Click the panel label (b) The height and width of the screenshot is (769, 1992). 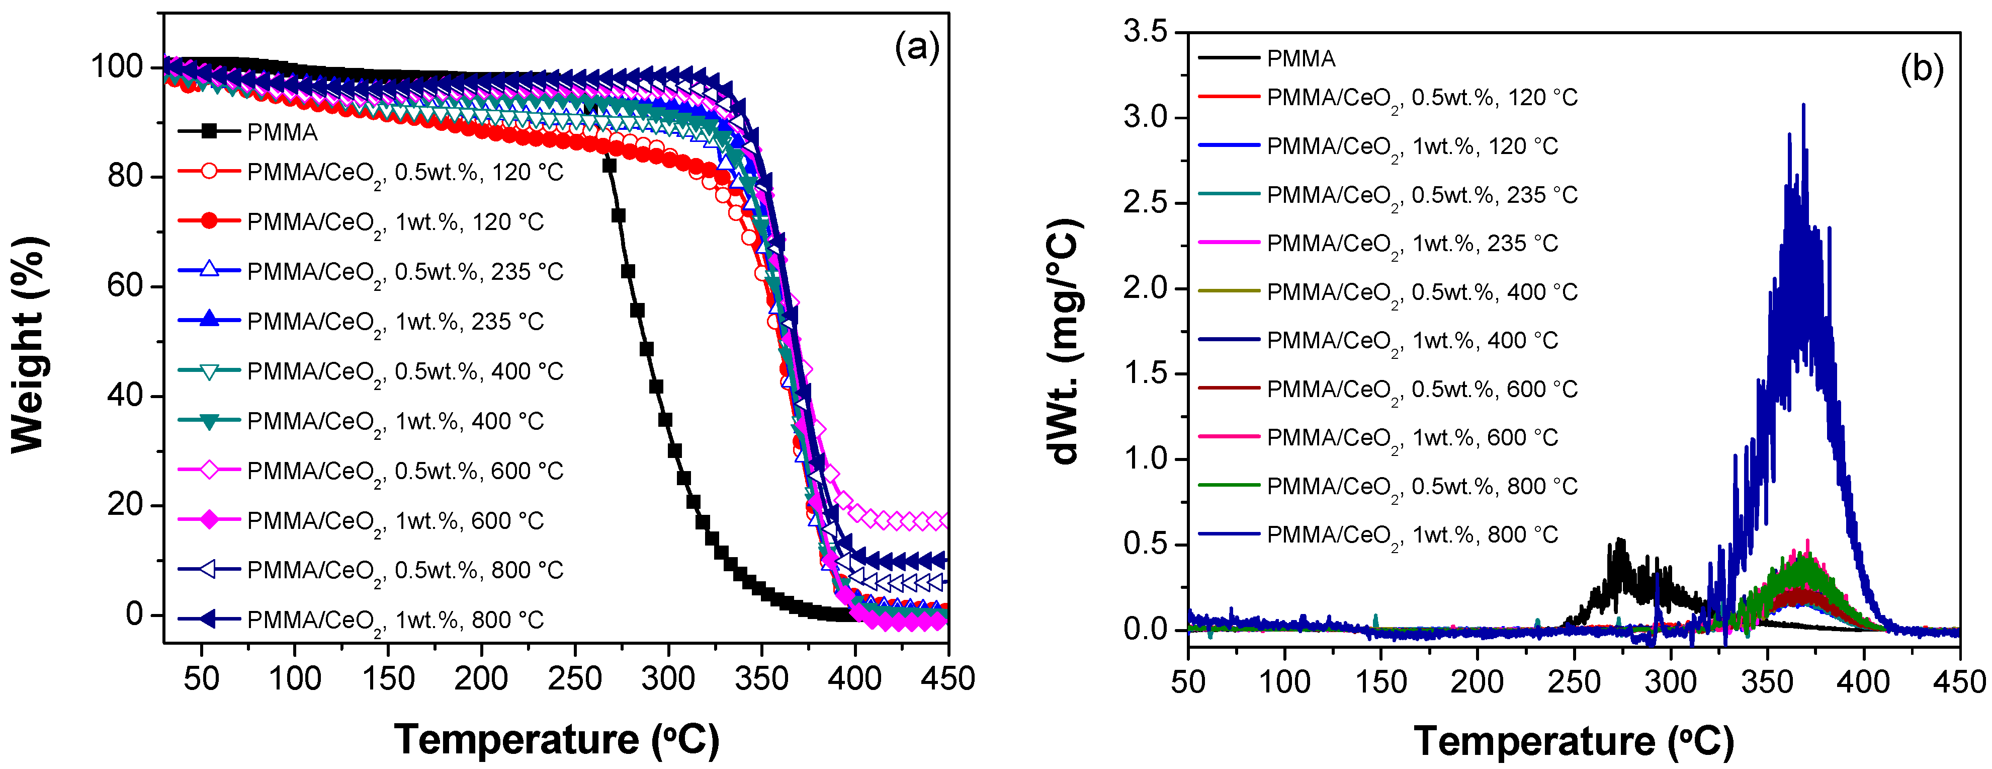[1922, 69]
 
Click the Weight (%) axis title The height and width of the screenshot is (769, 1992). [29, 344]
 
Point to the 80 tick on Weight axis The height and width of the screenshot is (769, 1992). [125, 176]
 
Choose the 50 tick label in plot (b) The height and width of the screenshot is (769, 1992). [1188, 682]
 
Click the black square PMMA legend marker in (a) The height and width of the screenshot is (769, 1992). [209, 131]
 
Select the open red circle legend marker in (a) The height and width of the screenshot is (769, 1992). [209, 171]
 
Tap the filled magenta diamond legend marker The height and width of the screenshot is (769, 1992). [209, 520]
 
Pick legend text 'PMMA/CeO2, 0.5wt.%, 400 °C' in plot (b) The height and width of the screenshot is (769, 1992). [1421, 292]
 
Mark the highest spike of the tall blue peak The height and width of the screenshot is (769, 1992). [1803, 105]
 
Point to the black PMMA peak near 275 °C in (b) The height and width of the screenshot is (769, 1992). [1618, 540]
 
